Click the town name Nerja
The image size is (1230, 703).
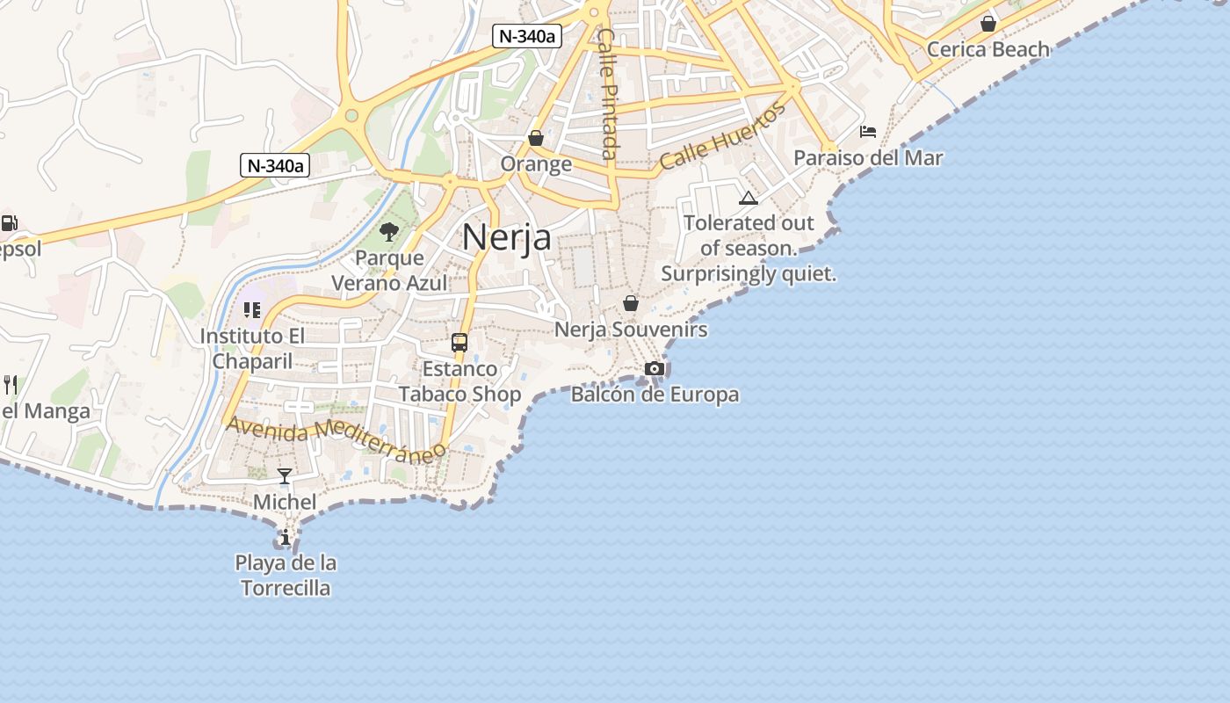507,237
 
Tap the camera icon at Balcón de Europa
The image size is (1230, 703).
655,368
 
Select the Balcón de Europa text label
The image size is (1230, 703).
655,395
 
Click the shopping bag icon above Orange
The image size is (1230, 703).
536,138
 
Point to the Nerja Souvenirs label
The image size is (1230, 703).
631,330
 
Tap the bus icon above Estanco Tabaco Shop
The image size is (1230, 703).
459,343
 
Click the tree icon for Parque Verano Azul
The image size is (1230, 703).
389,232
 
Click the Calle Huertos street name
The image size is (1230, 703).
722,136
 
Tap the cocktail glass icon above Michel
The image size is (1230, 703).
285,476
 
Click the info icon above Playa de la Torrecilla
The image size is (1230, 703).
285,537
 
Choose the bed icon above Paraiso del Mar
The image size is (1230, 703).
868,132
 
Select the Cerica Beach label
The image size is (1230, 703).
988,49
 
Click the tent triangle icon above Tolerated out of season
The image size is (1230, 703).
749,198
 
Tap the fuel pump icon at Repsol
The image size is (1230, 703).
9,223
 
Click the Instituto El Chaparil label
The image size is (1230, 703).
252,349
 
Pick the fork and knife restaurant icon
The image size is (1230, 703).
11,384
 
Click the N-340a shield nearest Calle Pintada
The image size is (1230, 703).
527,36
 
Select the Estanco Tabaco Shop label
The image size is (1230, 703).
460,381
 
